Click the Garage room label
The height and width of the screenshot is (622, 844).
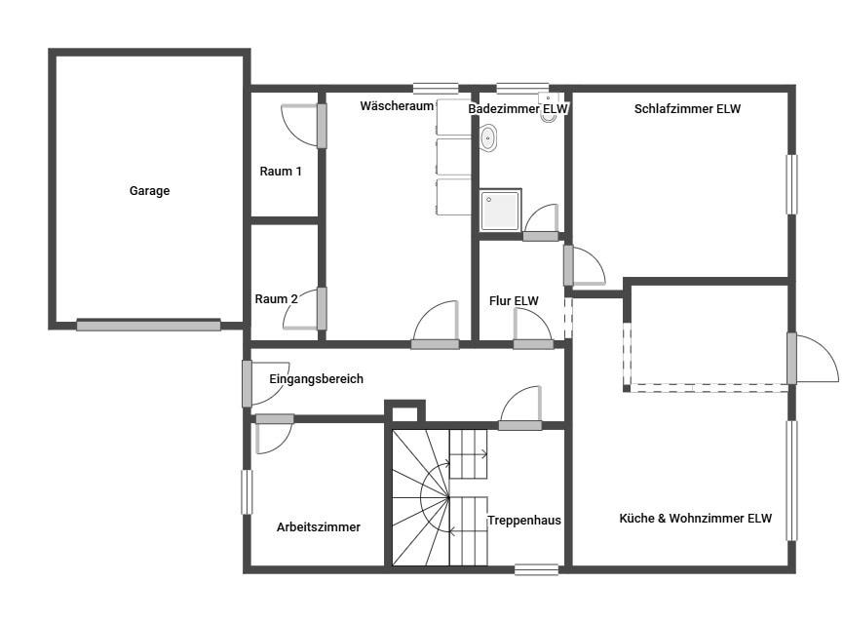point(150,191)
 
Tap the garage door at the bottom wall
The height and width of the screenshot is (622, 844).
point(148,325)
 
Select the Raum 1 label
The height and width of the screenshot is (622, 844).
point(281,172)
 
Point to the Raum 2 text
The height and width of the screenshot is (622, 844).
point(276,299)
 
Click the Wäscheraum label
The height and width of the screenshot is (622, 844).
point(397,105)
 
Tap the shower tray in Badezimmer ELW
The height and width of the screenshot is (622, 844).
point(501,210)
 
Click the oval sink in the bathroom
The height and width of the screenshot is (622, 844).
point(488,138)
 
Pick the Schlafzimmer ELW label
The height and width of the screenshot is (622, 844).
point(687,109)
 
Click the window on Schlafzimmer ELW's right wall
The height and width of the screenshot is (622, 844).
point(791,184)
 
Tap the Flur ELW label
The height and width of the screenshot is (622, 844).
point(514,301)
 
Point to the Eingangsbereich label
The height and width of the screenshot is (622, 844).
point(316,378)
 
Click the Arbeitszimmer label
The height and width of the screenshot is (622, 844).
point(319,527)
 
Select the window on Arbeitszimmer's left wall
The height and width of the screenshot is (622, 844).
point(247,492)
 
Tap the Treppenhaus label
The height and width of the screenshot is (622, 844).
point(524,521)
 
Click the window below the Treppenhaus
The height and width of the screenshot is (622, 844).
point(536,569)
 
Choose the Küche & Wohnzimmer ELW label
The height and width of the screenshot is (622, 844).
point(696,519)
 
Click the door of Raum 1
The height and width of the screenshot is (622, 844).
point(322,126)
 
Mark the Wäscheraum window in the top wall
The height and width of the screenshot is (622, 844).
point(436,89)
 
